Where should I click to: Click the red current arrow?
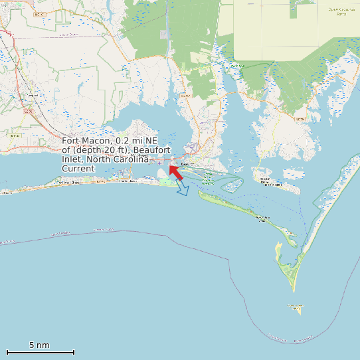coord(175,171)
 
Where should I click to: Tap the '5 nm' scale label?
coord(39,345)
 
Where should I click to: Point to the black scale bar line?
coord(40,352)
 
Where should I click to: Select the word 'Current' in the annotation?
coord(78,169)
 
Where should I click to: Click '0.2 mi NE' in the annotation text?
coord(137,141)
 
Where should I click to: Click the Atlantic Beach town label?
coord(127,181)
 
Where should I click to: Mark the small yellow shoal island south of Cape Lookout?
coord(296,308)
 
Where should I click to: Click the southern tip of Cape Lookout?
coord(294,290)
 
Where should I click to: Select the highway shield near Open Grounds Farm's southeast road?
coord(300,118)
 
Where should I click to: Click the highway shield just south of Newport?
coord(29,112)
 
